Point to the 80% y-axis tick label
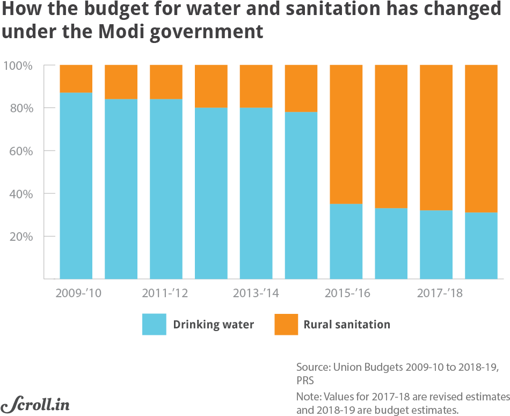pyautogui.click(x=21, y=108)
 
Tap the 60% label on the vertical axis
pyautogui.click(x=21, y=151)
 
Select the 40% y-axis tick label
pyautogui.click(x=21, y=193)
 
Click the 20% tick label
pyautogui.click(x=21, y=236)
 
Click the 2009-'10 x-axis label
pyautogui.click(x=78, y=294)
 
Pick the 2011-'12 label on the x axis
pyautogui.click(x=165, y=294)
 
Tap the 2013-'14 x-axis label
pyautogui.click(x=256, y=294)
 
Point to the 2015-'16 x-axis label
pyautogui.click(x=348, y=294)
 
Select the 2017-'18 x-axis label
pyautogui.click(x=439, y=294)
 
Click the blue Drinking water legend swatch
pyautogui.click(x=154, y=325)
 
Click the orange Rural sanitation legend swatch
pyautogui.click(x=286, y=325)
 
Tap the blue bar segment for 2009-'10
pyautogui.click(x=76, y=185)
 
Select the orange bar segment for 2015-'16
pyautogui.click(x=346, y=134)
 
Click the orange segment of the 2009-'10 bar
pyautogui.click(x=76, y=78)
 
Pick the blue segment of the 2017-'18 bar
pyautogui.click(x=435, y=245)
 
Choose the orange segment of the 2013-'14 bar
pyautogui.click(x=256, y=86)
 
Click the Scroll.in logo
pyautogui.click(x=35, y=404)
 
